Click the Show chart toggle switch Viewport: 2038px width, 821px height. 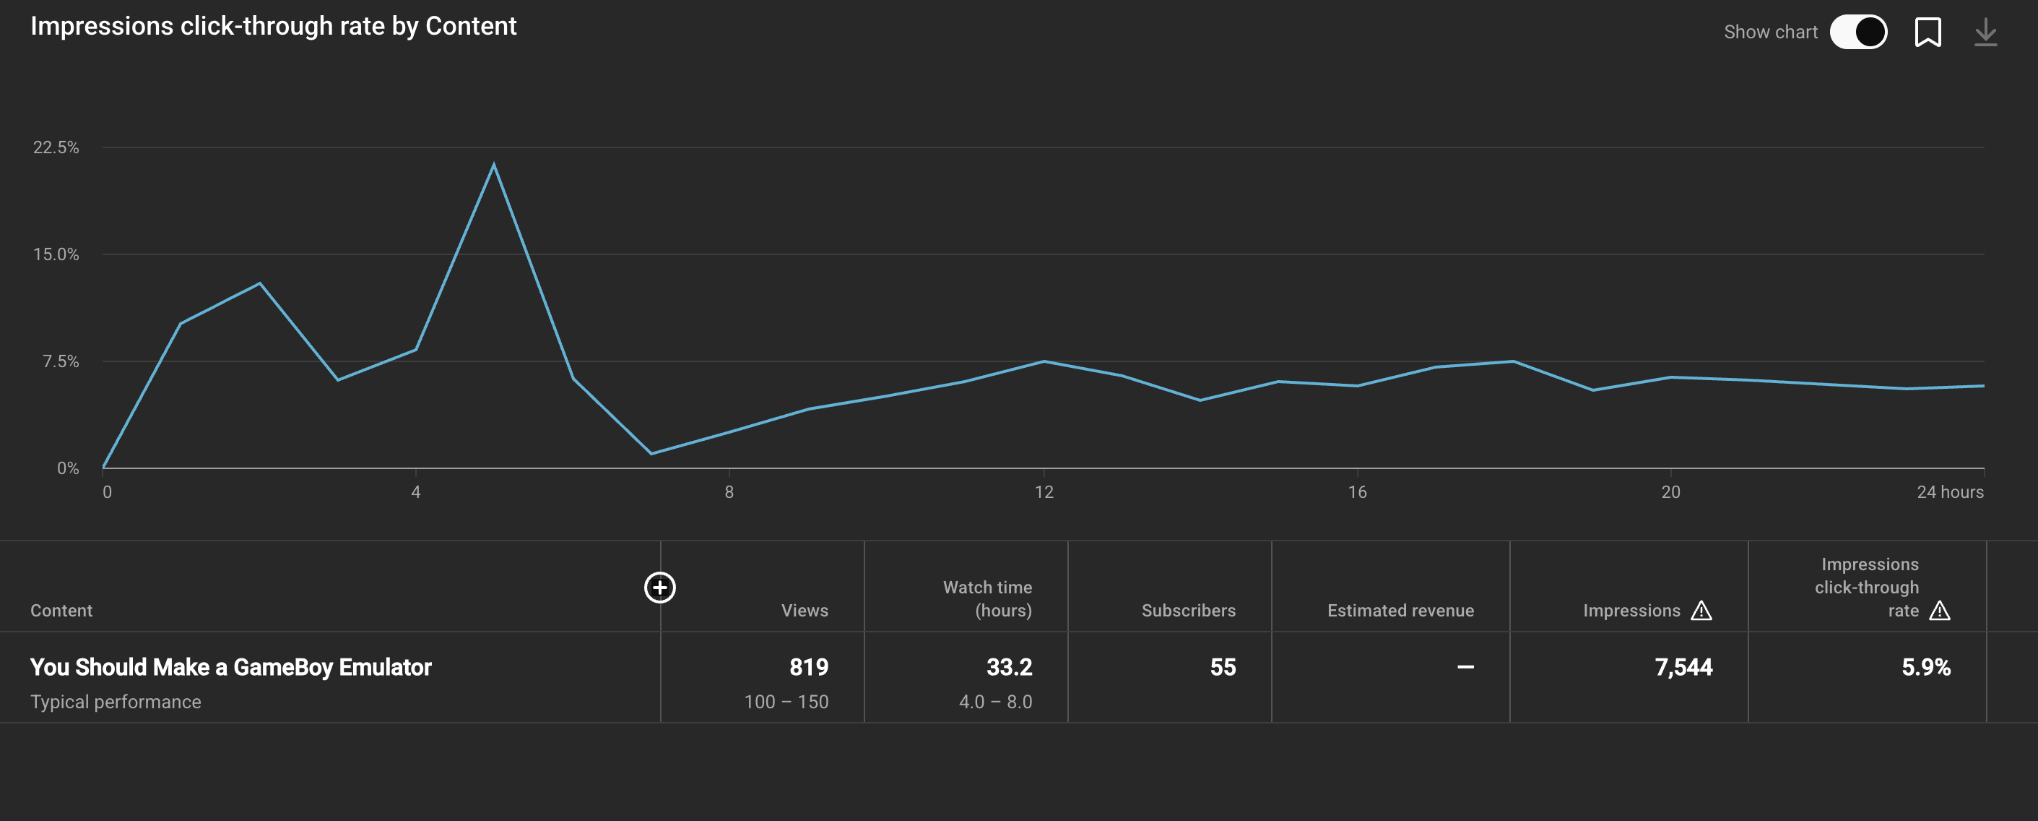click(1857, 33)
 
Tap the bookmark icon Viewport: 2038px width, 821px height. click(1928, 33)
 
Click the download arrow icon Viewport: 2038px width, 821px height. click(1985, 33)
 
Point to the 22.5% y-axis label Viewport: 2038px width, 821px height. click(56, 147)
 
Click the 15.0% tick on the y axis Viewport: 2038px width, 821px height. click(56, 254)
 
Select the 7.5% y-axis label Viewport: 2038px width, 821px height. click(61, 361)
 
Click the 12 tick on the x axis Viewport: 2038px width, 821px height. click(1044, 491)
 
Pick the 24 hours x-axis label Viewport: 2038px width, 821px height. click(1949, 491)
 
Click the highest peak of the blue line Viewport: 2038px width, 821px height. click(494, 165)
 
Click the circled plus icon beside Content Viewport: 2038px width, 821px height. click(660, 588)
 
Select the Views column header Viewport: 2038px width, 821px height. click(804, 611)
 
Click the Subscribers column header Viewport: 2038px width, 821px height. click(1187, 611)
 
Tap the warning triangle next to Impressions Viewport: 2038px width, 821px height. click(1701, 611)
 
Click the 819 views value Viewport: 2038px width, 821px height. click(809, 667)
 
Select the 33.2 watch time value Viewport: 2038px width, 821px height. click(1009, 667)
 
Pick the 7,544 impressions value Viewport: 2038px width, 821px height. click(1683, 667)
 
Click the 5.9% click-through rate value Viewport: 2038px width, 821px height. click(1925, 667)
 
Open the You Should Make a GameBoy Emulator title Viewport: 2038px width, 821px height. click(231, 667)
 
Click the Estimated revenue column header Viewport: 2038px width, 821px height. click(1400, 611)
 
